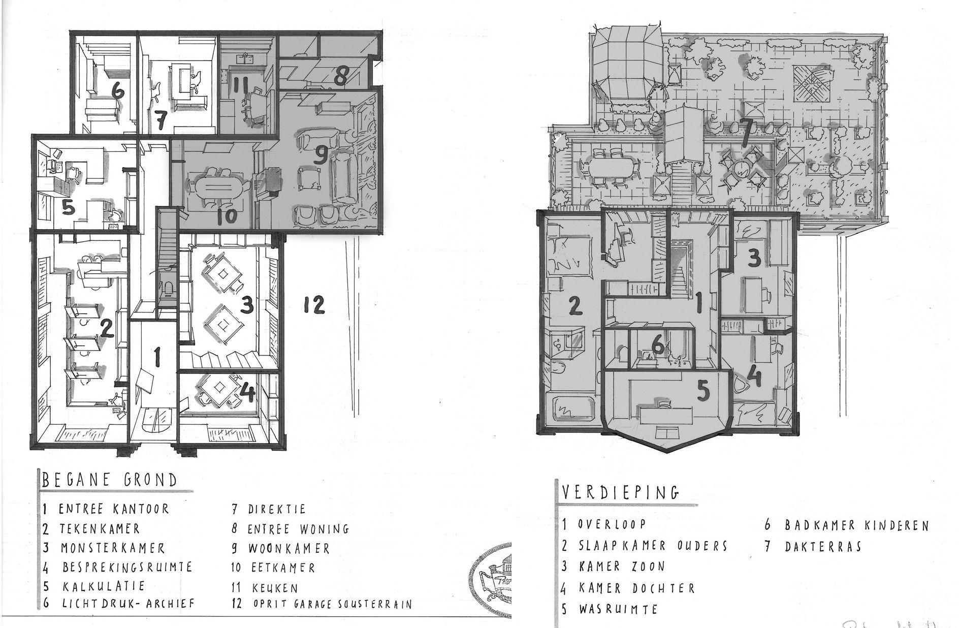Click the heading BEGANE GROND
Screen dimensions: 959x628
click(110, 481)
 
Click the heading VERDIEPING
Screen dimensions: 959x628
click(621, 492)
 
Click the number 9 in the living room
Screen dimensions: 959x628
click(320, 156)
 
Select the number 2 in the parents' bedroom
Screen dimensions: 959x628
click(573, 306)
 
